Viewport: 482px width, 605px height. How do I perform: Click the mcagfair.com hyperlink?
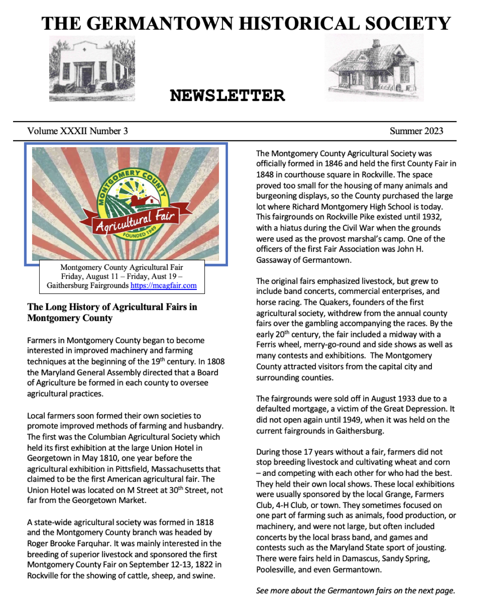[163, 285]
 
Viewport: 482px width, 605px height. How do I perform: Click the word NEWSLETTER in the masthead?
[227, 95]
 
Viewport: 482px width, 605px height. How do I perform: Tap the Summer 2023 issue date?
[416, 131]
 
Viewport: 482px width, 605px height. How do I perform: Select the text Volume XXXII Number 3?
[78, 131]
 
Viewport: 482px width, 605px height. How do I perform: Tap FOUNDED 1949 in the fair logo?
[139, 233]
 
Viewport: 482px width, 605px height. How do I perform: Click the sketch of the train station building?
[375, 68]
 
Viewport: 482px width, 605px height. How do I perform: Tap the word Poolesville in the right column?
[276, 569]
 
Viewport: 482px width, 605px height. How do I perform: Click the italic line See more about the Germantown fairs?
[356, 591]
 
